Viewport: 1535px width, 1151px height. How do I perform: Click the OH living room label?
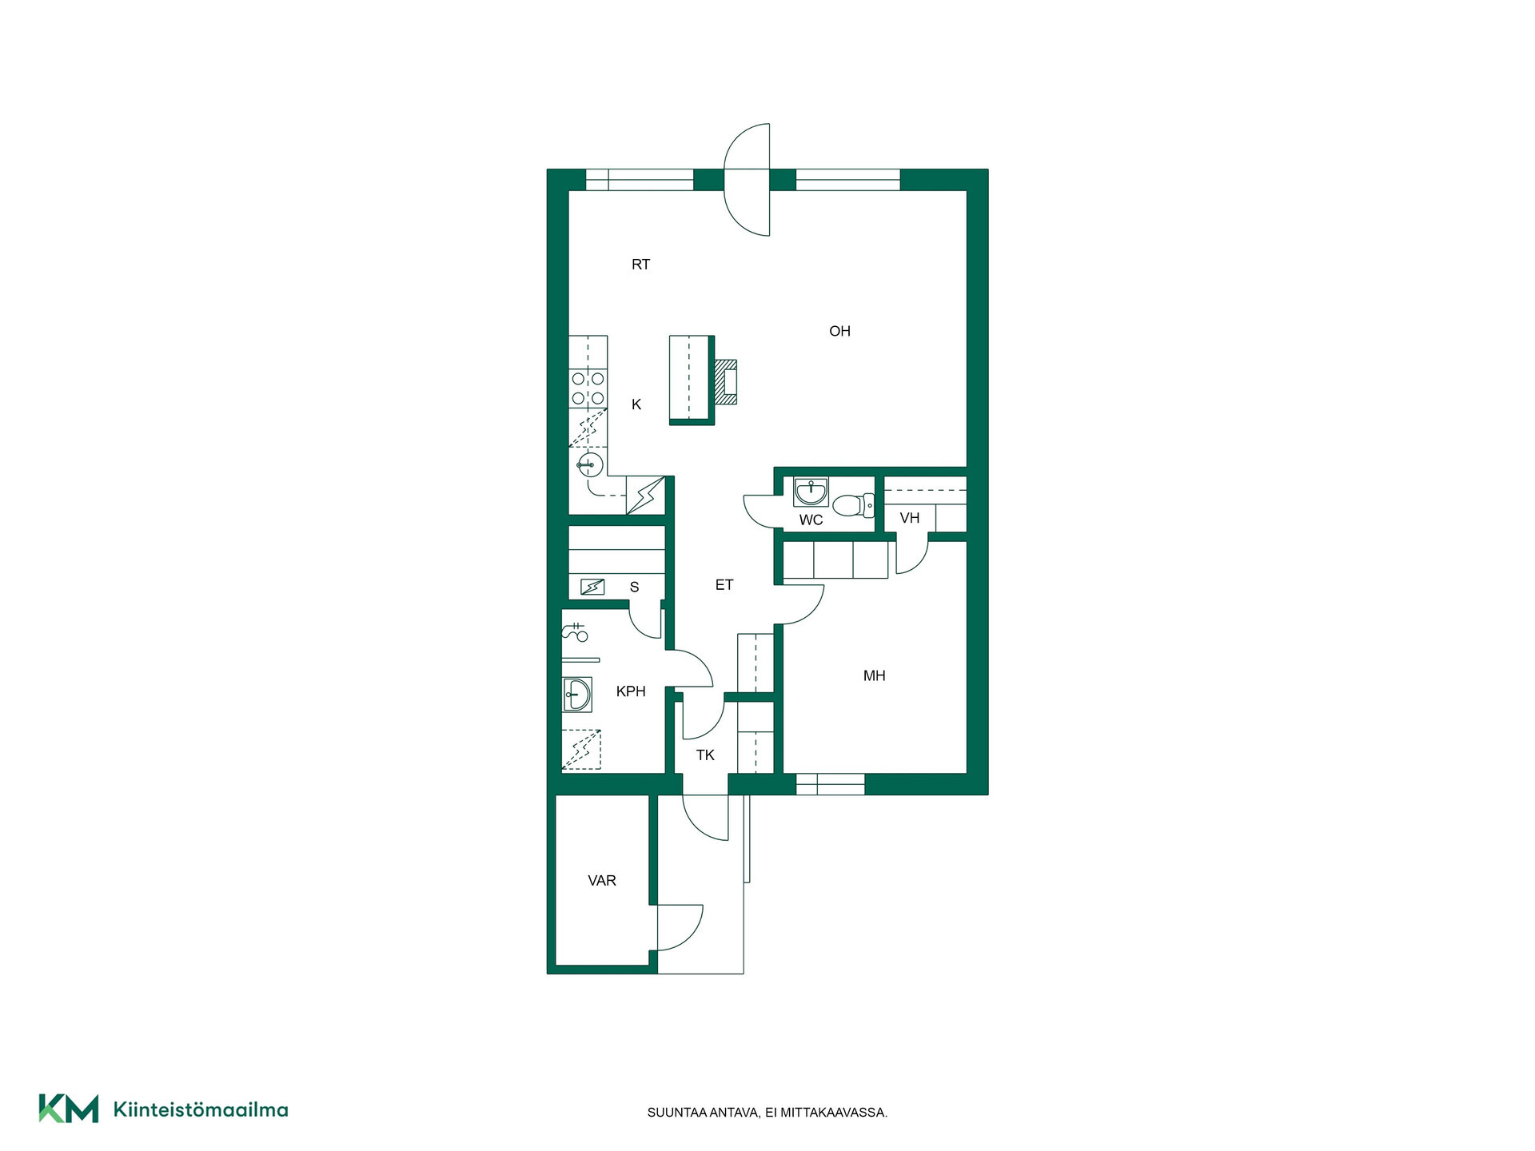click(x=839, y=331)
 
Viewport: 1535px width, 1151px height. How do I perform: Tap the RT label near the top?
click(x=640, y=265)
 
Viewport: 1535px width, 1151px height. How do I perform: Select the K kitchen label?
click(x=636, y=404)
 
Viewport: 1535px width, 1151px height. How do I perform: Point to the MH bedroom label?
click(x=874, y=676)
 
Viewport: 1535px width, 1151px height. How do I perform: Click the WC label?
click(x=811, y=520)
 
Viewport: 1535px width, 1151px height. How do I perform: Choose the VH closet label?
click(x=910, y=518)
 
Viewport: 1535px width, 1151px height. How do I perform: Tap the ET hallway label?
click(x=724, y=585)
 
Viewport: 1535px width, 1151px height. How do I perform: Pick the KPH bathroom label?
click(x=631, y=691)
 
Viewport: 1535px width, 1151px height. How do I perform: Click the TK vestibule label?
click(x=705, y=755)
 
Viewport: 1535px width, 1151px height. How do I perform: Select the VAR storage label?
click(x=602, y=881)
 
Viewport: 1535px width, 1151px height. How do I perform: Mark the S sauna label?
click(x=635, y=587)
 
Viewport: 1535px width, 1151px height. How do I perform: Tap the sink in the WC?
click(x=811, y=492)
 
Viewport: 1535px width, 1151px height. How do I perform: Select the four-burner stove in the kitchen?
click(x=588, y=389)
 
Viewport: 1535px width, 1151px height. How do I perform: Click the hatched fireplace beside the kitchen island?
click(x=725, y=381)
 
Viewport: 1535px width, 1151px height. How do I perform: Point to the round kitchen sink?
click(x=589, y=464)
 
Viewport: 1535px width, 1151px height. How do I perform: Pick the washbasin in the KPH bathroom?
click(x=576, y=695)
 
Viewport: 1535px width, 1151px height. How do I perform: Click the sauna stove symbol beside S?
click(x=592, y=587)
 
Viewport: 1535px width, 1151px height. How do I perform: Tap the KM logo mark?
click(x=69, y=1109)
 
